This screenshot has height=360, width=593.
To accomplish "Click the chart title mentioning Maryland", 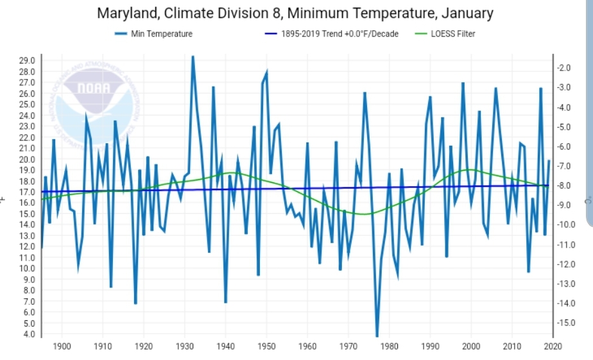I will click(296, 13).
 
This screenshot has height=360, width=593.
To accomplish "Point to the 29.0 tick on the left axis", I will click(27, 60).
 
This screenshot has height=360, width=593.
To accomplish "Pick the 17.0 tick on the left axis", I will click(27, 192).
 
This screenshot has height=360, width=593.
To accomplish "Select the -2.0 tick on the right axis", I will click(565, 67).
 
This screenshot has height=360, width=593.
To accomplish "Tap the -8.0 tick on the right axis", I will click(565, 185).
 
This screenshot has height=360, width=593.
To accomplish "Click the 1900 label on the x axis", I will click(62, 347).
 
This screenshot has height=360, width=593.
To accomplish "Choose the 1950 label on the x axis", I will click(266, 347).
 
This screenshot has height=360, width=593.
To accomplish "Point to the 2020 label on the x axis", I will click(553, 347).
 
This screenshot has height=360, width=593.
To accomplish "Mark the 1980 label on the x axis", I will click(389, 347).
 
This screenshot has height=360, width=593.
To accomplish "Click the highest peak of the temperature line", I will click(193, 56).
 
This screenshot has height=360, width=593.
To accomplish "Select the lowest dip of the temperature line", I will click(377, 336).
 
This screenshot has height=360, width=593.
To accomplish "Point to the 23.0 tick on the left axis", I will click(27, 126).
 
